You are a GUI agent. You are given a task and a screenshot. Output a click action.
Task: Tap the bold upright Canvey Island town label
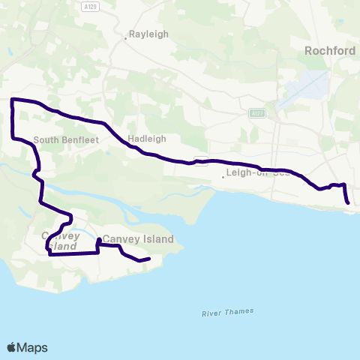[x=138, y=239]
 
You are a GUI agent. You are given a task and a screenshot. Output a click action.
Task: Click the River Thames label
[x=227, y=312]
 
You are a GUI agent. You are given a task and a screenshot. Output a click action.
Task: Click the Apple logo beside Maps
[x=12, y=347]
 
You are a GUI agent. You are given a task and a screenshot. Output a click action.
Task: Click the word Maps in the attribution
[x=33, y=347]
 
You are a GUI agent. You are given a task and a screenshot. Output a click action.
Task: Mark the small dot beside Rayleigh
[x=125, y=35]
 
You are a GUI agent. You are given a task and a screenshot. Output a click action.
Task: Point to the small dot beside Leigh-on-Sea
[x=223, y=177]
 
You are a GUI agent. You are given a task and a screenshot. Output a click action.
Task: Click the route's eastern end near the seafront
[x=348, y=202]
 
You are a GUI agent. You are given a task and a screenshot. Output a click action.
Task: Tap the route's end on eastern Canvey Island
[x=149, y=259]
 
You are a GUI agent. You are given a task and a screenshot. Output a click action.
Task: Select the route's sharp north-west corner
[x=12, y=100]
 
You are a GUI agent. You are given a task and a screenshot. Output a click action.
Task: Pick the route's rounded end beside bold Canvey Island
[x=99, y=240]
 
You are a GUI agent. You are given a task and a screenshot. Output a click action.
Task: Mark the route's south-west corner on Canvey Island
[x=49, y=254]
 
